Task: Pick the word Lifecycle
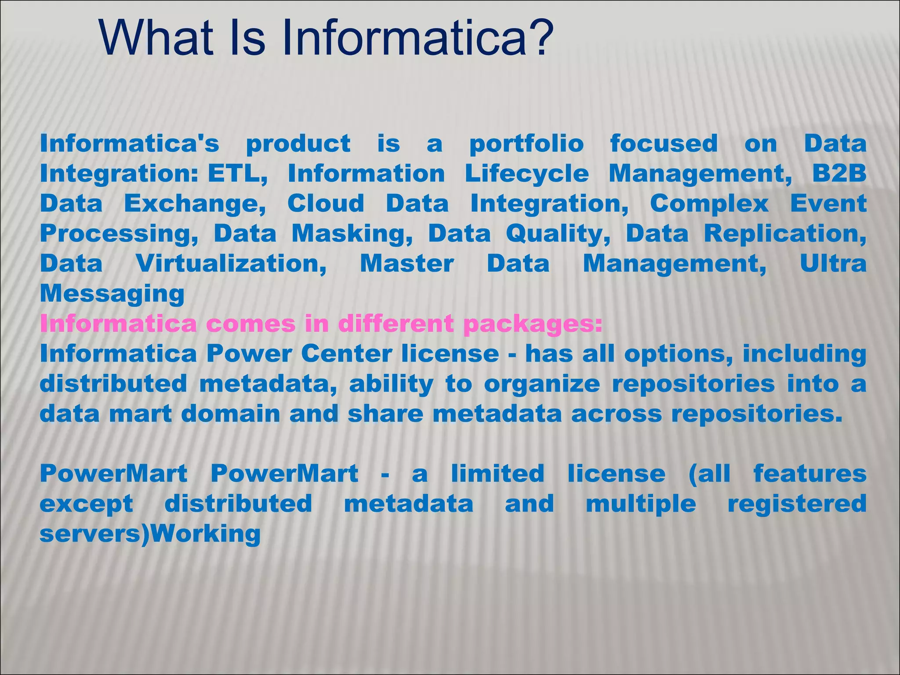(x=526, y=174)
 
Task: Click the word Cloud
(x=326, y=204)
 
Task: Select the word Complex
(x=709, y=204)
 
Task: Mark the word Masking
(x=352, y=234)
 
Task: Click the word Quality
(x=558, y=234)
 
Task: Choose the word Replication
(x=785, y=234)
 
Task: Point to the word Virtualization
(x=231, y=264)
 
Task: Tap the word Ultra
(x=833, y=264)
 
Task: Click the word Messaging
(x=112, y=294)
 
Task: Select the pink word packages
(x=533, y=324)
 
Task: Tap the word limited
(x=497, y=474)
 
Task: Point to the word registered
(x=797, y=504)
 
